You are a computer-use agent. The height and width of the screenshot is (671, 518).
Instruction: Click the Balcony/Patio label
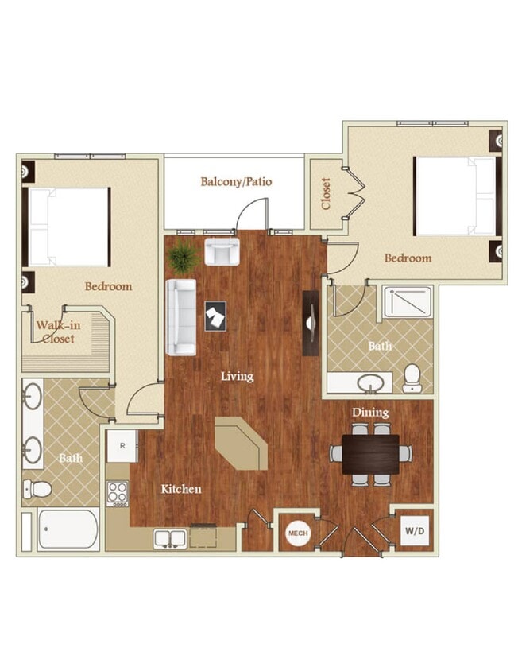click(236, 181)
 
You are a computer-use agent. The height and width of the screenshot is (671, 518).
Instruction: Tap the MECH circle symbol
click(298, 533)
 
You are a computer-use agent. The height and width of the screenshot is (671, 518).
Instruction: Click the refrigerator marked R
click(123, 446)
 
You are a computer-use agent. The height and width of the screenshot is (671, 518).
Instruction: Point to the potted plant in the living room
click(184, 257)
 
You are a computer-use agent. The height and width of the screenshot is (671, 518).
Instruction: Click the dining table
click(371, 454)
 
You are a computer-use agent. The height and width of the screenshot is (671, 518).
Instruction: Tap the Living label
click(237, 376)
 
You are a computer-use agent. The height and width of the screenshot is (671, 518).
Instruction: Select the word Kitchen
click(180, 489)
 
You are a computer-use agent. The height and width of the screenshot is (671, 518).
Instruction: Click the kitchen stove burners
click(118, 494)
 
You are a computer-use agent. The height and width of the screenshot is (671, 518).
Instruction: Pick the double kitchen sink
click(171, 538)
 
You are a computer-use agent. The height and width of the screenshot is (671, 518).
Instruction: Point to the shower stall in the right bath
click(408, 303)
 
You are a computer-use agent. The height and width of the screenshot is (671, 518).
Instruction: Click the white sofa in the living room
click(180, 317)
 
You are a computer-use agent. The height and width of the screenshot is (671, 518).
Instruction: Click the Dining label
click(370, 413)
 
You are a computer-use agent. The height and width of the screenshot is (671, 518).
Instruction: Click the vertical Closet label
click(326, 194)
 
